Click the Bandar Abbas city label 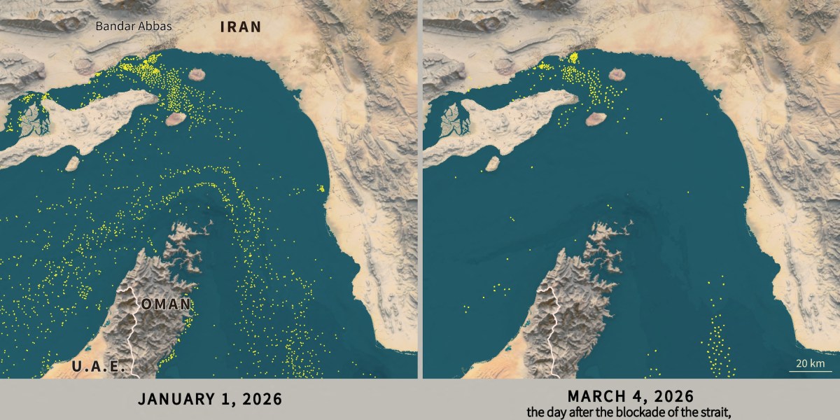point(134,27)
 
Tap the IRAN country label point(240,27)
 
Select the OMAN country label point(166,304)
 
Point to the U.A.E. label point(99,365)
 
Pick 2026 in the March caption point(675,396)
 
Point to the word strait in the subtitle point(715,412)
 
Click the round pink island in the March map point(617,73)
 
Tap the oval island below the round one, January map point(175,120)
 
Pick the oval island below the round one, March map point(596,120)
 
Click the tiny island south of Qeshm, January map point(72,163)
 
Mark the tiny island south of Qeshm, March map point(493,163)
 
